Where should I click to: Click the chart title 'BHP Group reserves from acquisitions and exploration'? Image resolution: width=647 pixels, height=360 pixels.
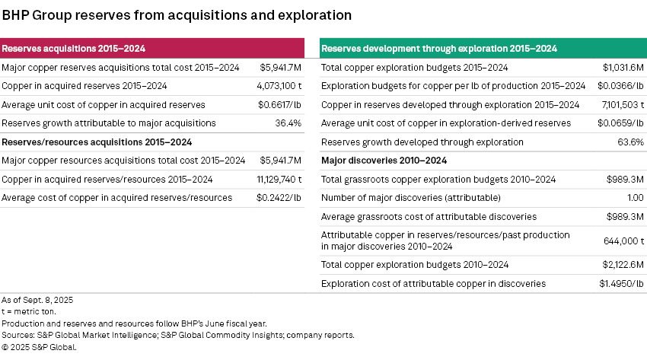[177, 14]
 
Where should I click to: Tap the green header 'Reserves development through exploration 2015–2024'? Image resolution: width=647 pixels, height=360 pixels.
[439, 49]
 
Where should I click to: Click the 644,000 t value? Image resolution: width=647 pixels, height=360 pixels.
[624, 241]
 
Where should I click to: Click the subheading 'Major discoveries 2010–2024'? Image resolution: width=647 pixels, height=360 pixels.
[384, 161]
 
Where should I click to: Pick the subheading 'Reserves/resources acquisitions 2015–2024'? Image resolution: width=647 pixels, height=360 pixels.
[97, 142]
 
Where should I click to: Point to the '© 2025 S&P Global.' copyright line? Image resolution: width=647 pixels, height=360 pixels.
[40, 346]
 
